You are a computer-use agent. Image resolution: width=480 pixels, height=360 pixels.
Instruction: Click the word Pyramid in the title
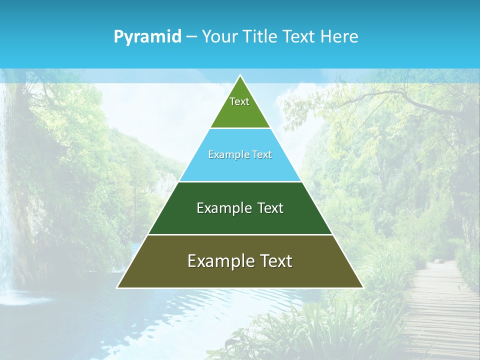coord(147,36)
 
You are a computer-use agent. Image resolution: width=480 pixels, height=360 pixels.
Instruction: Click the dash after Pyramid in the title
coord(191,37)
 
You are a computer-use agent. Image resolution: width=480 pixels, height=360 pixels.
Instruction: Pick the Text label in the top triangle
coord(239,101)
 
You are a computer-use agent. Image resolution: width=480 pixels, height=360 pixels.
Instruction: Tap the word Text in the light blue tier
coord(262,155)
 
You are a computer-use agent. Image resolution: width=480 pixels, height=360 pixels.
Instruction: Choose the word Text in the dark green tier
coord(269,208)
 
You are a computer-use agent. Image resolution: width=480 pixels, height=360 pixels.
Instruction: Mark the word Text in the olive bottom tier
coord(276,261)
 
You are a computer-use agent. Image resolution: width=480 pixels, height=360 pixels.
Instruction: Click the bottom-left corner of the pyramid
coord(118,287)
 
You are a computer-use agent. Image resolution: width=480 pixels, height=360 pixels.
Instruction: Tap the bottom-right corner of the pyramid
coord(362,287)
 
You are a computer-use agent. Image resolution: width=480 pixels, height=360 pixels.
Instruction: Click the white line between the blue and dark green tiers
coord(240,181)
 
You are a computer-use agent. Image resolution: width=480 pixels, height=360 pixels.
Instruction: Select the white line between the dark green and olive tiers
coord(240,234)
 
